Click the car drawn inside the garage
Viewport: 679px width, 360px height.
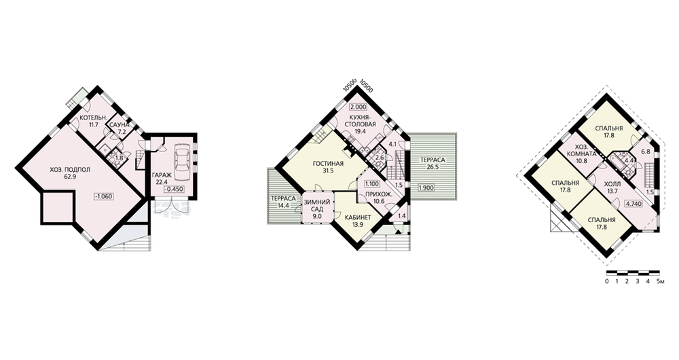pyautogui.click(x=181, y=158)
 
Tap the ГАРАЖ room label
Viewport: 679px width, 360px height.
pyautogui.click(x=161, y=175)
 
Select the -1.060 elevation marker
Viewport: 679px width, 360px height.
pyautogui.click(x=103, y=196)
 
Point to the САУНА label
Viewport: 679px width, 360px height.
pyautogui.click(x=118, y=125)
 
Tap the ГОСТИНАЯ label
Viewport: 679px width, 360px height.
pyautogui.click(x=328, y=164)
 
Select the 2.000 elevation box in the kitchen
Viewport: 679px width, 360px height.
pyautogui.click(x=358, y=107)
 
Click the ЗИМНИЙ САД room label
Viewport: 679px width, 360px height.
pyautogui.click(x=317, y=205)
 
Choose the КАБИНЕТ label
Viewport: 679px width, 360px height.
pyautogui.click(x=358, y=218)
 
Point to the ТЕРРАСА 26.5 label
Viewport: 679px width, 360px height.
pyautogui.click(x=433, y=163)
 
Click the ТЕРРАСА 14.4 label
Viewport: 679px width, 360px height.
pyautogui.click(x=283, y=202)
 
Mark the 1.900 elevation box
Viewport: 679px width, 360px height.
pyautogui.click(x=427, y=188)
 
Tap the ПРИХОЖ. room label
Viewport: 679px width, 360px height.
pyautogui.click(x=379, y=194)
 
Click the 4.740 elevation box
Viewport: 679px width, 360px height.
pyautogui.click(x=634, y=202)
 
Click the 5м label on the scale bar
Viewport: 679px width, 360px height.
pyautogui.click(x=661, y=282)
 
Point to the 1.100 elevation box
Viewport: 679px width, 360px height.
pyautogui.click(x=372, y=183)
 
